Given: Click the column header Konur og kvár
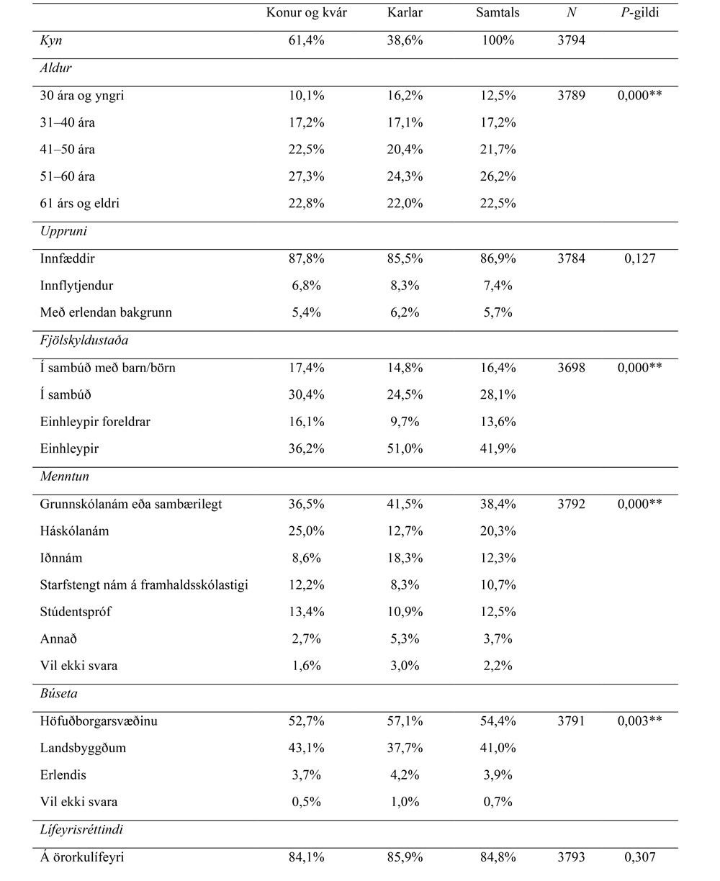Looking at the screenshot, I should click(306, 13).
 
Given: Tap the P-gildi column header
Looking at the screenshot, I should click(639, 13).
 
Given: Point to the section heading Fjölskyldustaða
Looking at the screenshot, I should click(84, 340).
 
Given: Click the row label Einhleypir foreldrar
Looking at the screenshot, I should click(95, 422).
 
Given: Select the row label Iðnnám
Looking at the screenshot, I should click(61, 559).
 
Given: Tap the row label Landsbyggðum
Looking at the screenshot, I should click(83, 748).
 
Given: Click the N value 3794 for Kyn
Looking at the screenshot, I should click(571, 40).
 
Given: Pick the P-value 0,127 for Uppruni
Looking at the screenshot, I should click(639, 258).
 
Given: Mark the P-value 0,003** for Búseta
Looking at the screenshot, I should click(639, 720).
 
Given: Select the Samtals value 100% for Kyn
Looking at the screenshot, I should click(499, 40).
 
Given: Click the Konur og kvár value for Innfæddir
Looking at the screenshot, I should click(306, 258).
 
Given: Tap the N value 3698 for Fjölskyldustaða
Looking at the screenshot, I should click(571, 368).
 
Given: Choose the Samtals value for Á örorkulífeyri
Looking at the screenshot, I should click(499, 857).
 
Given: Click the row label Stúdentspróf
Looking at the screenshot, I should click(76, 612).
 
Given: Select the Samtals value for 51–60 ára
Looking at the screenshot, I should click(499, 176).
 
